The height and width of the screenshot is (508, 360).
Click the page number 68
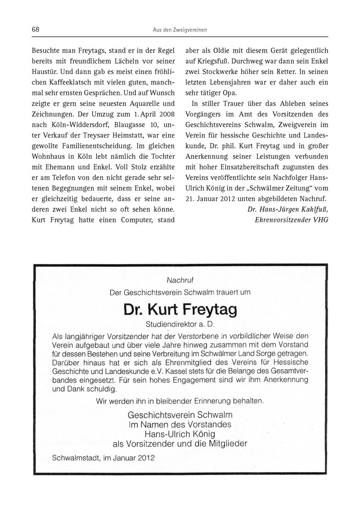35,30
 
